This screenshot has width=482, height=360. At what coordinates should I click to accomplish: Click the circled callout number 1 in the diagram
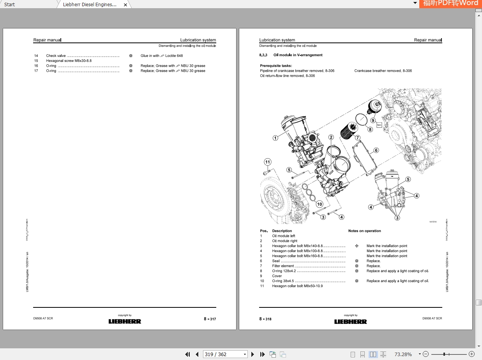point(275,138)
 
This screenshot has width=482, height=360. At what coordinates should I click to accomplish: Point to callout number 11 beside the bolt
point(267,162)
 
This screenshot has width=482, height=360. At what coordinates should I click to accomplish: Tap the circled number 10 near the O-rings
point(320,204)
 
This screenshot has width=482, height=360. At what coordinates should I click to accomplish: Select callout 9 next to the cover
point(373,120)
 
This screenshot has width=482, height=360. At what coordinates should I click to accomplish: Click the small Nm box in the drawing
point(379,125)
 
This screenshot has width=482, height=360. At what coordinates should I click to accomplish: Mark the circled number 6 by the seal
point(376,150)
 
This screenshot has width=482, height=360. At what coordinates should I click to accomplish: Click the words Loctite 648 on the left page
point(174,56)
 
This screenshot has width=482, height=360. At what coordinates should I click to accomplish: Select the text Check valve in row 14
point(56,56)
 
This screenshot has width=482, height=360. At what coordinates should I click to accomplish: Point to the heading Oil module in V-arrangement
point(298,55)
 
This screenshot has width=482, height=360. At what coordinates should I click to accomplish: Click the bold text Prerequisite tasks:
point(276,66)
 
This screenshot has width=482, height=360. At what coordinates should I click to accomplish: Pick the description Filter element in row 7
point(283,266)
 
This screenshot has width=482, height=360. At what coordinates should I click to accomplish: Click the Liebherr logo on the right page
point(350,321)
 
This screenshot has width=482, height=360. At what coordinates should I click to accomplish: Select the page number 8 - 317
point(210,319)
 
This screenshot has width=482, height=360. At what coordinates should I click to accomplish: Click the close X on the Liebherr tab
point(125,5)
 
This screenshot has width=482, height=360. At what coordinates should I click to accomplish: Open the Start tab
point(10,5)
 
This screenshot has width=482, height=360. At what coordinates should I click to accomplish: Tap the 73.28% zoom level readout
point(403,354)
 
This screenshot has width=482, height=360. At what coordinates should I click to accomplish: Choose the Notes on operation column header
point(364,231)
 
